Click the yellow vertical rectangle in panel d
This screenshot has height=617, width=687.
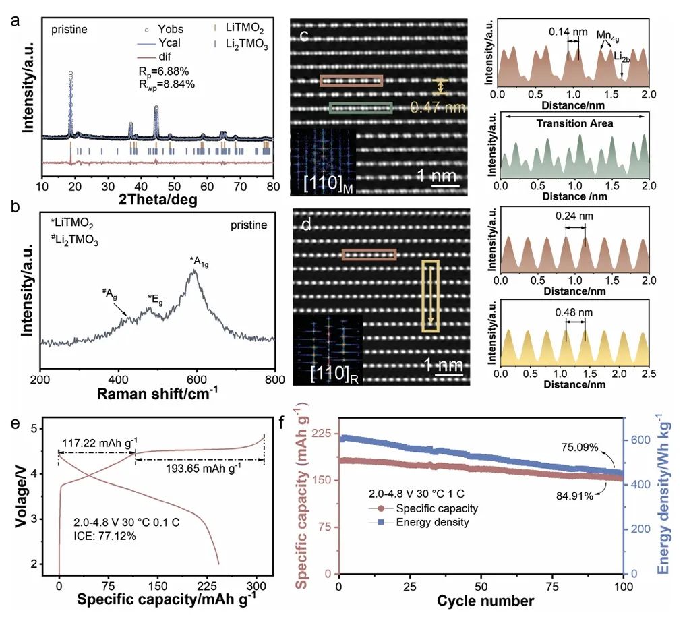pyautogui.click(x=430, y=296)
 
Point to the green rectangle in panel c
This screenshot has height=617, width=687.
pyautogui.click(x=361, y=108)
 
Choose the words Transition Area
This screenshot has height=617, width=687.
pyautogui.click(x=574, y=124)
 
